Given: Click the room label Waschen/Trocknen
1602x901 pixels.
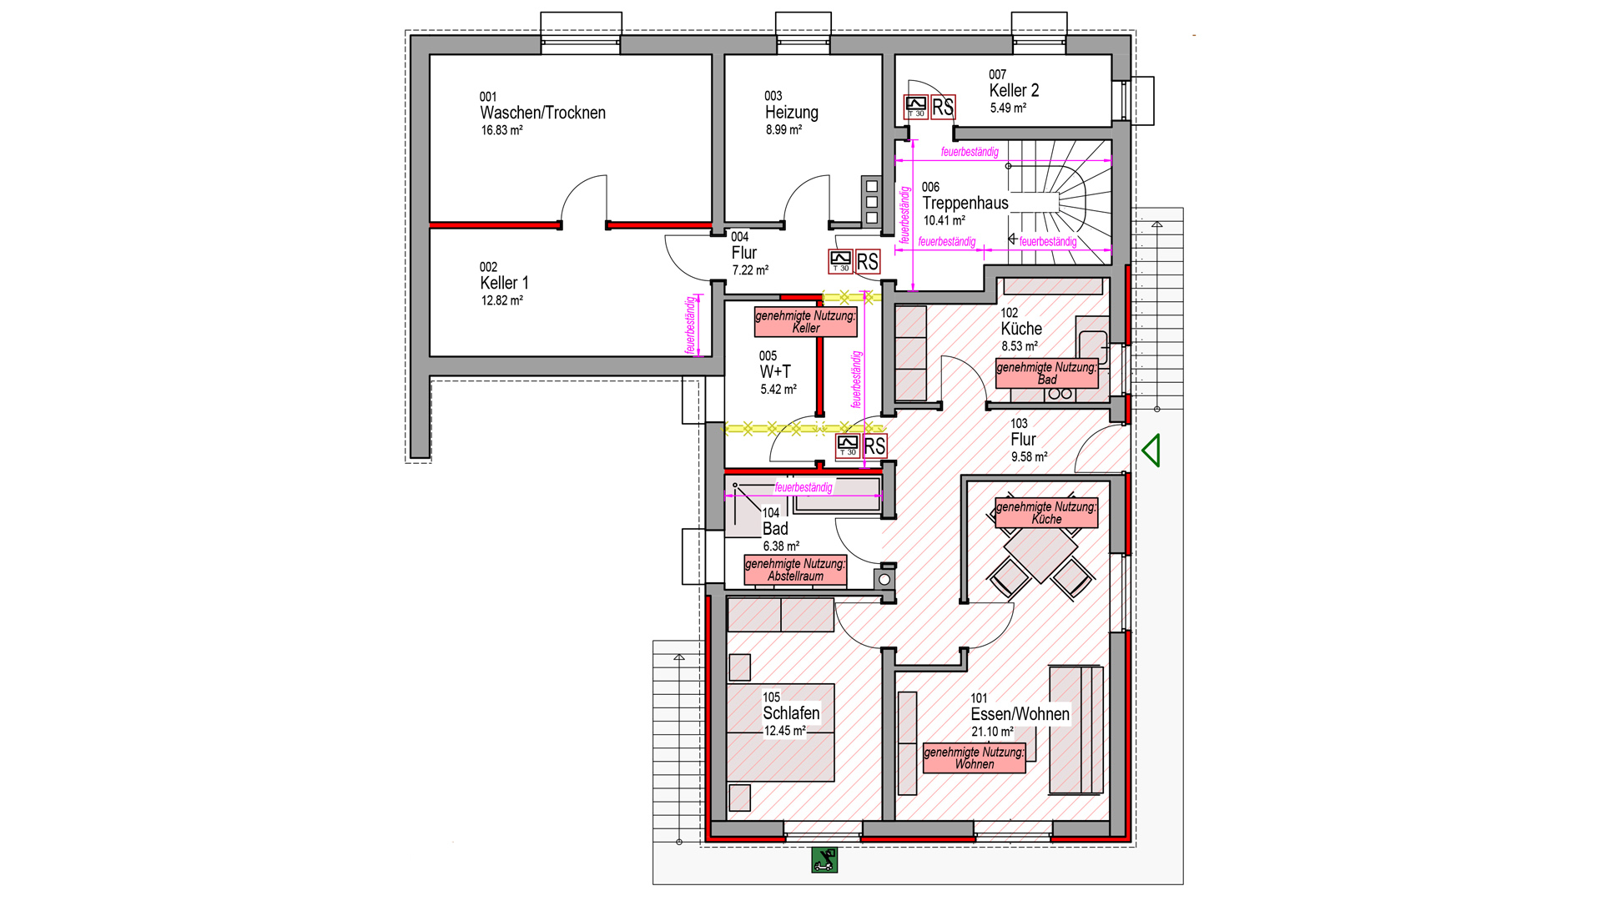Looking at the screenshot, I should (x=542, y=113).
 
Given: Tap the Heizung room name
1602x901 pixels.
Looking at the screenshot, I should (x=791, y=113).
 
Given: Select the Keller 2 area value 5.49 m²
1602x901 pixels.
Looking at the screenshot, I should (x=1008, y=108).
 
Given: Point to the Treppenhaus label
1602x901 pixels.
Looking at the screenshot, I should (x=965, y=204).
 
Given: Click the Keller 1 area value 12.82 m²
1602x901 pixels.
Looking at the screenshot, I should (x=501, y=301).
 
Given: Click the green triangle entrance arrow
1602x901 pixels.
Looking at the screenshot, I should (x=1151, y=450).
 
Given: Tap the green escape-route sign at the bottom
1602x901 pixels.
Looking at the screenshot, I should (x=824, y=860).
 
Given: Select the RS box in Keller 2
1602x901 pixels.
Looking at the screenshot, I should (x=943, y=108).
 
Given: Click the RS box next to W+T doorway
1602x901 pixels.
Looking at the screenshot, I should (x=874, y=446).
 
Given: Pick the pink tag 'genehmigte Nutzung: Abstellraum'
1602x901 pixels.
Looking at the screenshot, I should (x=795, y=570).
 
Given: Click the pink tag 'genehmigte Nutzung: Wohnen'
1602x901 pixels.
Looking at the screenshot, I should (x=974, y=758).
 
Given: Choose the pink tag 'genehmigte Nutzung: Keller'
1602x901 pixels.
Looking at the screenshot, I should (x=805, y=322).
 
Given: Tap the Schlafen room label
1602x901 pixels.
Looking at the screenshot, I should (x=791, y=713).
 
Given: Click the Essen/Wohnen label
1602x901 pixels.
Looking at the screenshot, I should (x=1020, y=714).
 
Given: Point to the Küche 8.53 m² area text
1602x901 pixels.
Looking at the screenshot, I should (x=1020, y=346).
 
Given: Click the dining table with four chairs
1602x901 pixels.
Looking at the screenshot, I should (x=1040, y=554).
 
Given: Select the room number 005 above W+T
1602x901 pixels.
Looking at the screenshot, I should (x=768, y=356).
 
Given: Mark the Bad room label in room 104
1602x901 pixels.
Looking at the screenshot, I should (x=775, y=529).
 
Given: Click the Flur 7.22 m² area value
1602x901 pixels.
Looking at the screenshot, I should (x=750, y=271).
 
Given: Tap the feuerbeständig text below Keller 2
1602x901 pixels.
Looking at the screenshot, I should (x=970, y=152).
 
